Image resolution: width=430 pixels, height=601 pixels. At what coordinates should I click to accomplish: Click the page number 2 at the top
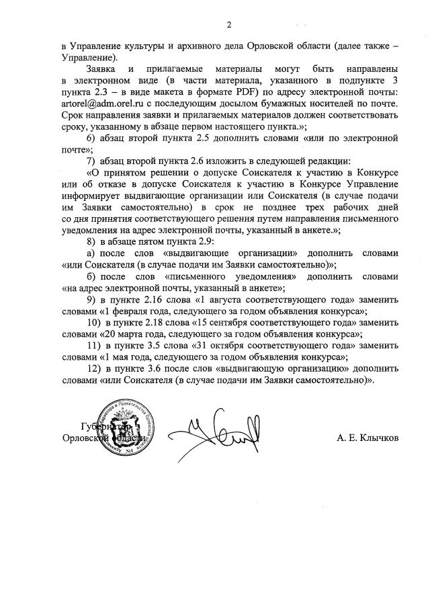point(228,26)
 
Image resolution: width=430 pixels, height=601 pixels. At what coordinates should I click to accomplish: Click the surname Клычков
point(377,438)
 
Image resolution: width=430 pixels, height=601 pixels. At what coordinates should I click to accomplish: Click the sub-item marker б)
point(91,276)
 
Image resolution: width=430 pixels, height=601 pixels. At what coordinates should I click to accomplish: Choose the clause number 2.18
point(152,323)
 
